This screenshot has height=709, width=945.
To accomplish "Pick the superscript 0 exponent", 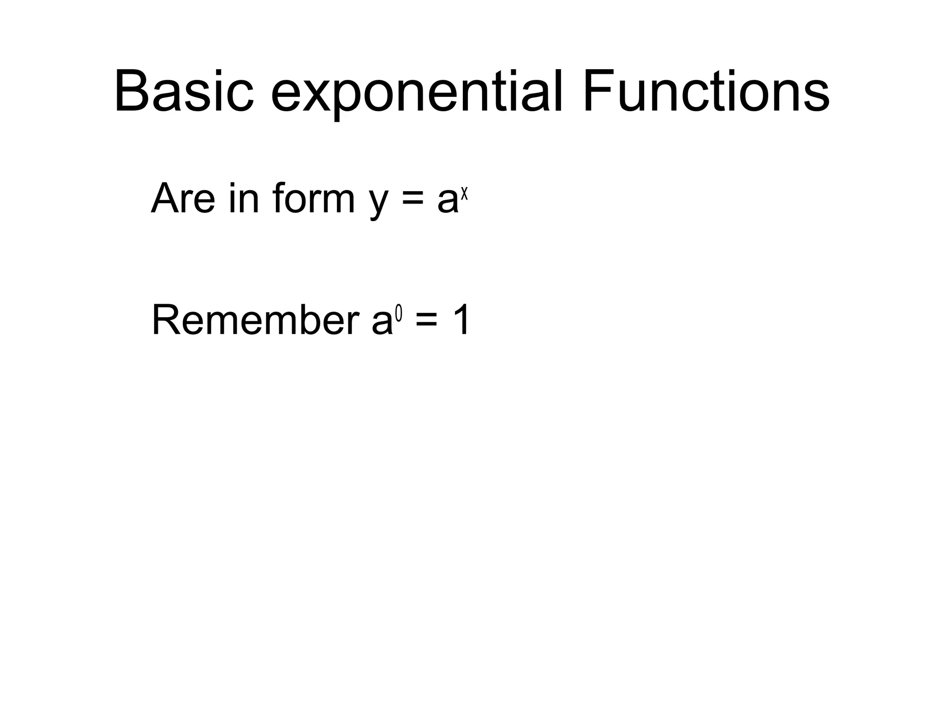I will [x=399, y=315].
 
